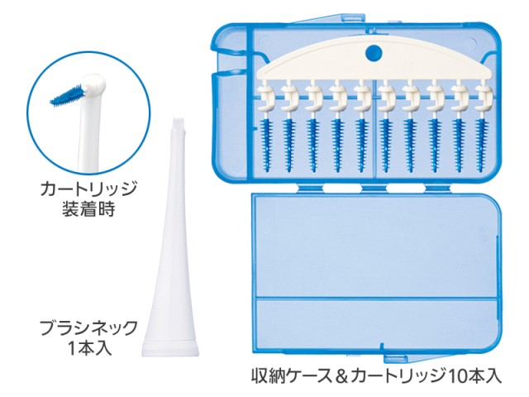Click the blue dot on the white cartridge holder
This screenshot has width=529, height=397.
374,53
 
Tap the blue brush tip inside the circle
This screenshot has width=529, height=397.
68,95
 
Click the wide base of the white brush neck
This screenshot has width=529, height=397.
170,348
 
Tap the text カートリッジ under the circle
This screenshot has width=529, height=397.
88,189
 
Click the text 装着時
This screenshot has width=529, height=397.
88,209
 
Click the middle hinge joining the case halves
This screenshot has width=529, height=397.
374,188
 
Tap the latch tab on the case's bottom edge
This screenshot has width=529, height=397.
395,358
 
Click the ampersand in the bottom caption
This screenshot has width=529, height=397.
341,377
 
